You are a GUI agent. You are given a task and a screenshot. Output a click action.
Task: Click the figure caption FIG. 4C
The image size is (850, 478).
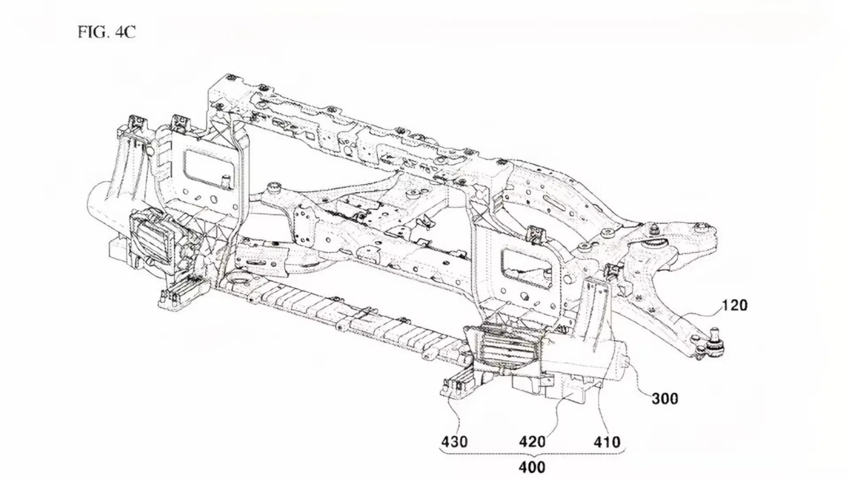[x=106, y=32]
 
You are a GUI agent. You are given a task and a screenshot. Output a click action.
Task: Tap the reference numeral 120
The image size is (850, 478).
[x=734, y=305]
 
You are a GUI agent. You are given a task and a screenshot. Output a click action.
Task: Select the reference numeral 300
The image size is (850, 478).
[x=665, y=399]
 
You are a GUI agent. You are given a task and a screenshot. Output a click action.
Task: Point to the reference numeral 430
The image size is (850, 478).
[x=454, y=441]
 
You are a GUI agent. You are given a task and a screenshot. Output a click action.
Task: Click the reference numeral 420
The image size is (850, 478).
[x=532, y=441]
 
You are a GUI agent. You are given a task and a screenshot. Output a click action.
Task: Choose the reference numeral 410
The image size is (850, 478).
[x=607, y=441]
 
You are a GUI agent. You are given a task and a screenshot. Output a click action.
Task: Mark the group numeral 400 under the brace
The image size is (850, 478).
[x=532, y=467]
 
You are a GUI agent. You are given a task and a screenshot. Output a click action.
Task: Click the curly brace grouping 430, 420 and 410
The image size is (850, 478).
[x=532, y=453]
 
